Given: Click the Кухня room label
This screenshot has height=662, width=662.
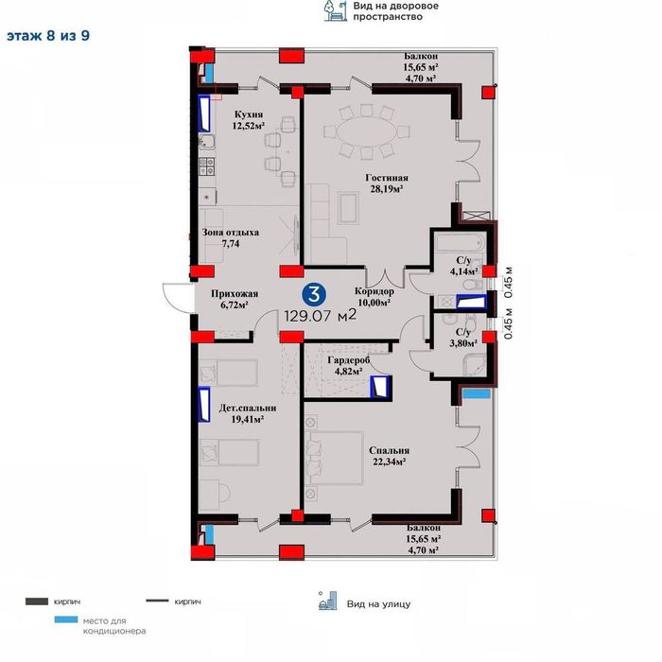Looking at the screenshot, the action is point(249,114).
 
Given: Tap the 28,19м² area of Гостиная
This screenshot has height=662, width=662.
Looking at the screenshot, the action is point(386,189).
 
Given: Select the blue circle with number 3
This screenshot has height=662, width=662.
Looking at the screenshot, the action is point(314,294).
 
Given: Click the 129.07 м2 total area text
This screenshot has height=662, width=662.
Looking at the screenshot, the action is point(321,315).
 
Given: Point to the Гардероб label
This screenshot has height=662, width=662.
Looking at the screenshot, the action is point(349,360).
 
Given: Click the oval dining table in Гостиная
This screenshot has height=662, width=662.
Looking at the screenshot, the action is point(367,131).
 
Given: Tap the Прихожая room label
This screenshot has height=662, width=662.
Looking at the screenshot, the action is point(235,293).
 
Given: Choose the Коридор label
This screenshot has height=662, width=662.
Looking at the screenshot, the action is point(375,291).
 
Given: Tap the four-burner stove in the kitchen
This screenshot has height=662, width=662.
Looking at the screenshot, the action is point(207,165).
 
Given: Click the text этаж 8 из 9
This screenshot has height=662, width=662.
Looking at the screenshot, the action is point(48,36).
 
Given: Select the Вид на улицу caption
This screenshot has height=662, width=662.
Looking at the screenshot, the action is point(378,604).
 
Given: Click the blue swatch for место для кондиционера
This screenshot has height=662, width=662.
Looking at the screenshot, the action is point(66,619).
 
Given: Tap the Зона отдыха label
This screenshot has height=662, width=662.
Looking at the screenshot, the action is point(231,233).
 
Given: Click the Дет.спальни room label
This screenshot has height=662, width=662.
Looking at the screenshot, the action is point(248,409).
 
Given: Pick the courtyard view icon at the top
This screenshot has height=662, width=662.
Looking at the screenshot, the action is point(336,10).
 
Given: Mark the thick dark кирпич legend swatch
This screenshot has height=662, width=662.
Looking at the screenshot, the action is point(37,601).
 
